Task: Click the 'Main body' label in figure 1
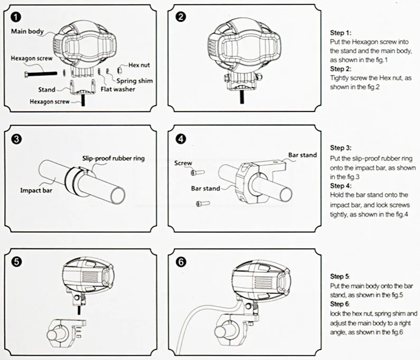tap(28, 31)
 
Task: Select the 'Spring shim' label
tap(122, 81)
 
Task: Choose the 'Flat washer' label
tap(118, 89)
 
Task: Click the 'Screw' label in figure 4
tap(183, 163)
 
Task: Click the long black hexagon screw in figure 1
tap(39, 72)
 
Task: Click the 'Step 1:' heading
tap(340, 32)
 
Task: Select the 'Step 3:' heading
tap(340, 148)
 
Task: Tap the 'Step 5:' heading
tap(340, 276)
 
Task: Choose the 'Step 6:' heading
tap(340, 305)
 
